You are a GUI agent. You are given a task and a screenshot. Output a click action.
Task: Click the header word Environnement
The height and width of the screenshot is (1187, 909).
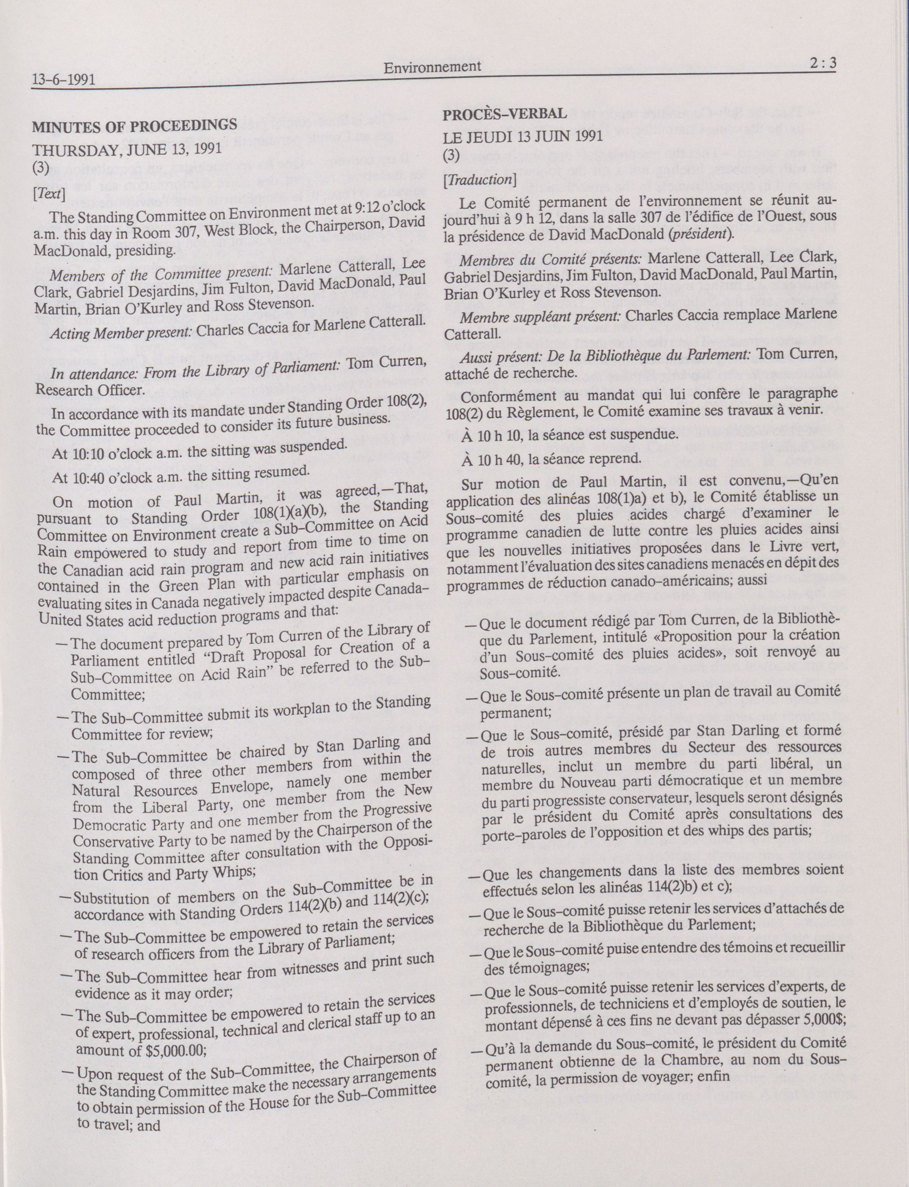point(432,67)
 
